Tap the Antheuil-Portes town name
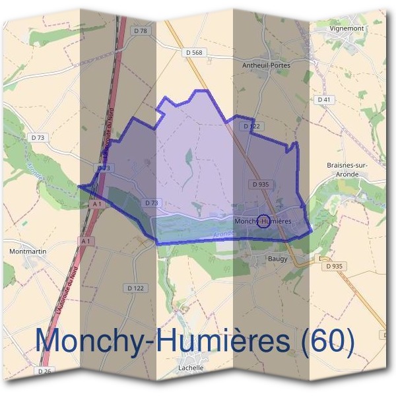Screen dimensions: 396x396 click(x=266, y=65)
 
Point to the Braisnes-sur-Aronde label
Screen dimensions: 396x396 click(x=346, y=168)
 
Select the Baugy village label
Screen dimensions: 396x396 click(x=278, y=259)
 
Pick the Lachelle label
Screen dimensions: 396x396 click(x=191, y=368)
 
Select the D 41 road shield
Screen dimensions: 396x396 click(x=323, y=100)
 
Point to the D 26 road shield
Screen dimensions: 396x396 click(x=44, y=372)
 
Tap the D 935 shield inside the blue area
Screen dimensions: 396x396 click(x=260, y=185)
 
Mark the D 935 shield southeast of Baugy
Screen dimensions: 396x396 click(x=335, y=266)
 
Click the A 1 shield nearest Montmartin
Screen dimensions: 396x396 click(x=84, y=242)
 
